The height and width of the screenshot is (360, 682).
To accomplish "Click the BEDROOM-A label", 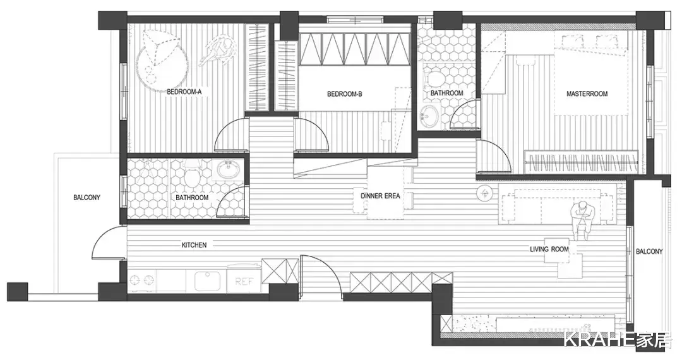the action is [x=184, y=92].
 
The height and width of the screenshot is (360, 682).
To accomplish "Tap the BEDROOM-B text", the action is [x=345, y=93].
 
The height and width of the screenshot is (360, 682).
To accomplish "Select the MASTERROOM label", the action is [x=587, y=93].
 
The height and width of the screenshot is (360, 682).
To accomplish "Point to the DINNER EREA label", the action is [x=380, y=196].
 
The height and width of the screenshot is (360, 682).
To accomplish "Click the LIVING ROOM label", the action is [x=549, y=249].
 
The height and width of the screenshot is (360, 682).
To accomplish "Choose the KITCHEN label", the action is [x=194, y=245].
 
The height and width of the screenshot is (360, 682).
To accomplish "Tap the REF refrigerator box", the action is [x=244, y=279].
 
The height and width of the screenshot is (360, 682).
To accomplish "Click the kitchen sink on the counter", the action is [x=207, y=281].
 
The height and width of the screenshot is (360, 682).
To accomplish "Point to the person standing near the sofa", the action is [x=582, y=220].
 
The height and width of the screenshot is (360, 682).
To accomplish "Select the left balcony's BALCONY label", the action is [x=87, y=198].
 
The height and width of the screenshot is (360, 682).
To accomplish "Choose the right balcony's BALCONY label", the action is [x=649, y=251].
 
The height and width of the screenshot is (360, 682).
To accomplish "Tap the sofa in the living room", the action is [x=557, y=204].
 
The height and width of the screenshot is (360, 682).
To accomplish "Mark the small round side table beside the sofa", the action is [x=484, y=193].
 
